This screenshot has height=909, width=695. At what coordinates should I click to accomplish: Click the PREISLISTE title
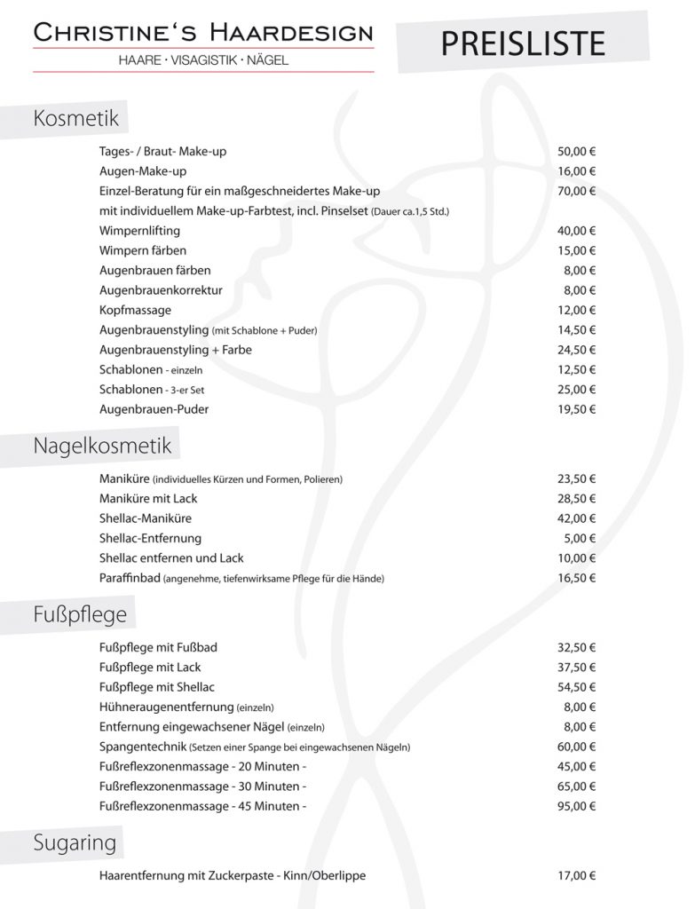tap(523, 42)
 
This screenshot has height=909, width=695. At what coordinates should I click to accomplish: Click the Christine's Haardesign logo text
tap(203, 33)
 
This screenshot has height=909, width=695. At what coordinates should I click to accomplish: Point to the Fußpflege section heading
tap(80, 613)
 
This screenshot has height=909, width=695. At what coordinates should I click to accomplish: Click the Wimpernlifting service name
tap(140, 231)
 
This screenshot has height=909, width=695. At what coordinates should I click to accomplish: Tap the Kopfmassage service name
tap(136, 310)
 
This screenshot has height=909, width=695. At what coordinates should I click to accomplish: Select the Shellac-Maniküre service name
tap(146, 518)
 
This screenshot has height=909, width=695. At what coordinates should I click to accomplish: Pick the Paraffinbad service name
tap(130, 578)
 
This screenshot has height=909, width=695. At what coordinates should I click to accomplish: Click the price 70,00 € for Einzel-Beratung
tap(576, 191)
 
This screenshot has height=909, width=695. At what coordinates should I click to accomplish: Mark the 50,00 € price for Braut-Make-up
tap(576, 151)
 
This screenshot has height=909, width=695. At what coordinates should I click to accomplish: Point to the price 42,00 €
tap(576, 518)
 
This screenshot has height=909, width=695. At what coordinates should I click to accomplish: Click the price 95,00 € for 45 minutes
tap(576, 806)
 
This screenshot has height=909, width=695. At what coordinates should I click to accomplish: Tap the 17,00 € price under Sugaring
tap(576, 875)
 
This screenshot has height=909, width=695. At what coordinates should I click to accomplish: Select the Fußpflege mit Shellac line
tap(157, 687)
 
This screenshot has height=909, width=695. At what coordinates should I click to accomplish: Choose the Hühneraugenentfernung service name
tap(168, 707)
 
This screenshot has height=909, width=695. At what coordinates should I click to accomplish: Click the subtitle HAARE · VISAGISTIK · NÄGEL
tap(203, 59)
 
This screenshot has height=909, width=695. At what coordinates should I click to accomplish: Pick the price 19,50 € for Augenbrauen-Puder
tap(576, 409)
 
